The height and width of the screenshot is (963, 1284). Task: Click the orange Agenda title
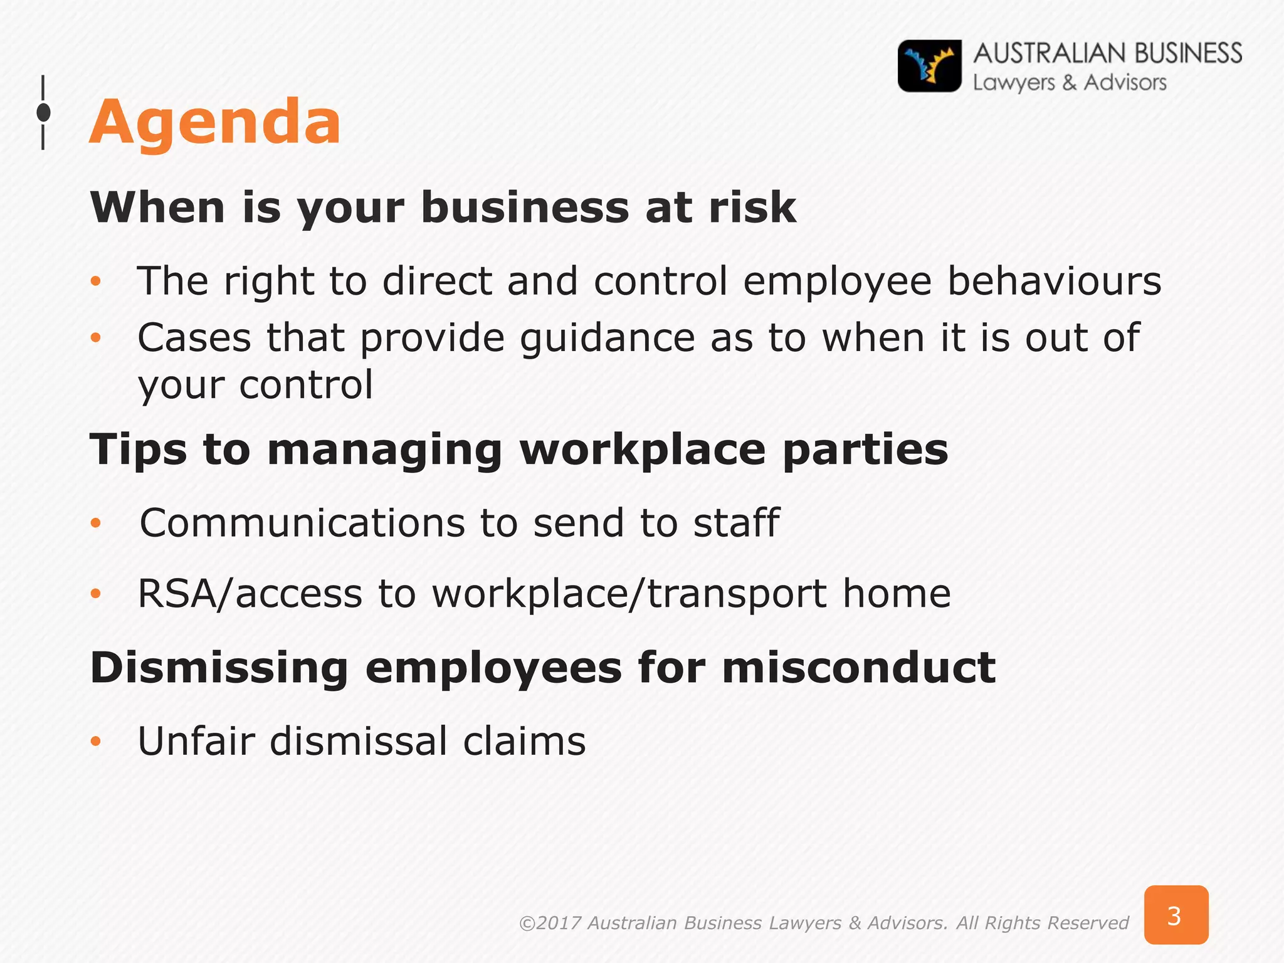click(215, 122)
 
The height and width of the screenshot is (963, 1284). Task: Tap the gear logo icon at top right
click(929, 66)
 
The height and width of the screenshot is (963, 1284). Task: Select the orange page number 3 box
click(1176, 915)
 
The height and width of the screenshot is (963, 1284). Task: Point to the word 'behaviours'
click(1054, 281)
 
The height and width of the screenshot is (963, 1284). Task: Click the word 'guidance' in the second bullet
click(607, 338)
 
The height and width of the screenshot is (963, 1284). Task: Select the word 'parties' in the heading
click(865, 450)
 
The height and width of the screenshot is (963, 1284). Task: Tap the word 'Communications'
click(302, 523)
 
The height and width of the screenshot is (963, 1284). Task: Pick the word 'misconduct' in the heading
click(858, 668)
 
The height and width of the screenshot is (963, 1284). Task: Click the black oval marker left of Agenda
click(43, 113)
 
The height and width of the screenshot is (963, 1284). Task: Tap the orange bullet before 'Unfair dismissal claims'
click(95, 742)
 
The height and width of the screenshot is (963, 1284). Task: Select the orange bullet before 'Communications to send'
click(95, 523)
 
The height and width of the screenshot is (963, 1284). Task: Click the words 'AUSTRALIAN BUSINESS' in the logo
click(1107, 53)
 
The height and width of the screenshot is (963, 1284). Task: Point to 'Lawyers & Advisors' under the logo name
click(1069, 83)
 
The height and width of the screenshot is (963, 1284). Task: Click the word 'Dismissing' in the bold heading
click(219, 668)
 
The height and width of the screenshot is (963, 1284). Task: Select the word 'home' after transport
click(896, 594)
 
